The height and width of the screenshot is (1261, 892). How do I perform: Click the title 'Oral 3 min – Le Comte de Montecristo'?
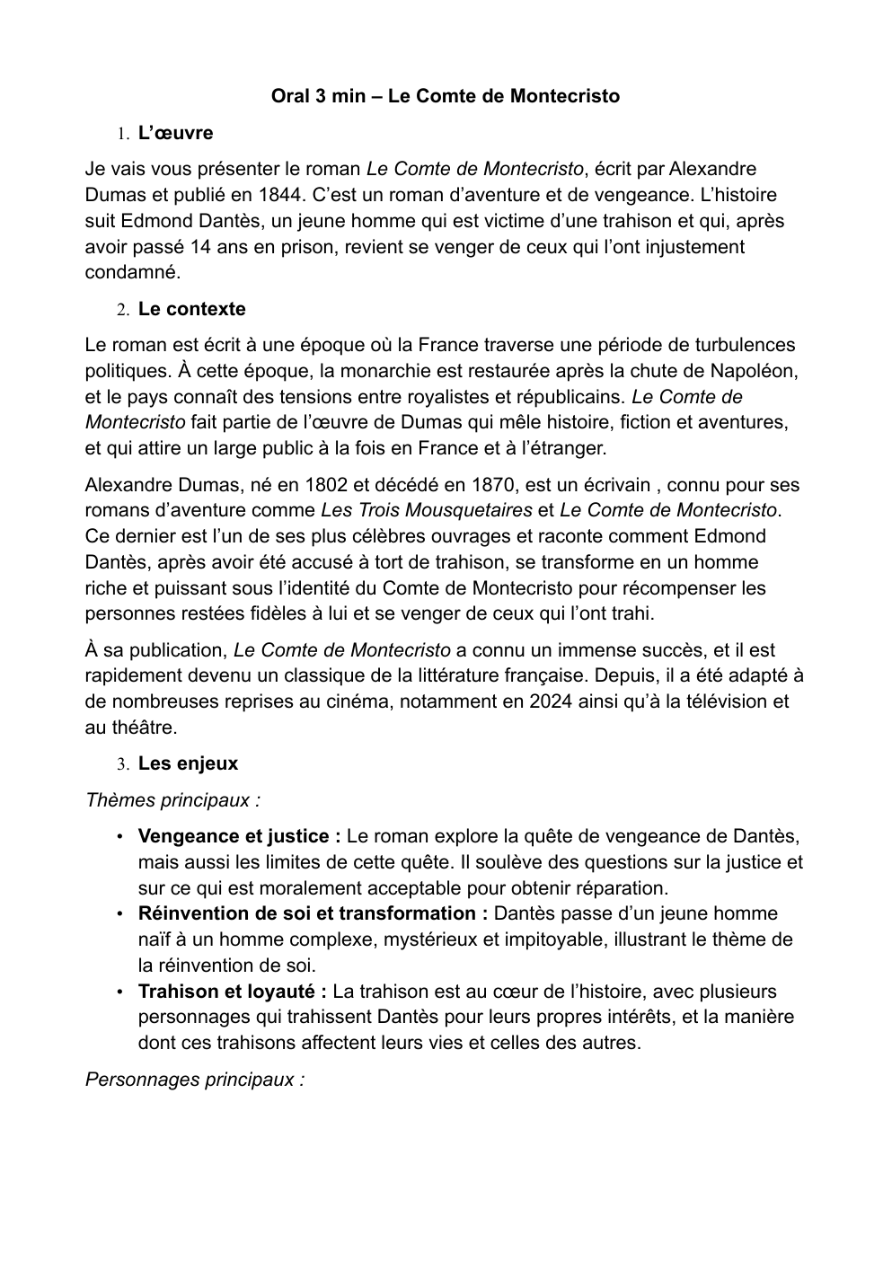[x=445, y=96]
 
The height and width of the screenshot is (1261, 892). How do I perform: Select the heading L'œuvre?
[x=175, y=133]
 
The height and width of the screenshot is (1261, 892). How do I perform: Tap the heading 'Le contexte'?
[x=191, y=309]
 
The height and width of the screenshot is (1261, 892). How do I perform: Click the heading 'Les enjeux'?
[x=188, y=763]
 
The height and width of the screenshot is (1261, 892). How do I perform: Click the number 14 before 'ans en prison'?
[x=200, y=247]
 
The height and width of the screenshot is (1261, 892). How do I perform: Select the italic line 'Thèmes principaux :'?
[x=172, y=799]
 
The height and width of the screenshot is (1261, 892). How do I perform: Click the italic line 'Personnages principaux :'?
[x=195, y=1080]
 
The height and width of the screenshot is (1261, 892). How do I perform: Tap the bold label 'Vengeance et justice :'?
[x=239, y=836]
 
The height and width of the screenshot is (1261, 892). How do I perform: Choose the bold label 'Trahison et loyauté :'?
[x=232, y=992]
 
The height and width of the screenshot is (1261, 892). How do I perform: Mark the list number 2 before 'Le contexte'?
[x=121, y=310]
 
